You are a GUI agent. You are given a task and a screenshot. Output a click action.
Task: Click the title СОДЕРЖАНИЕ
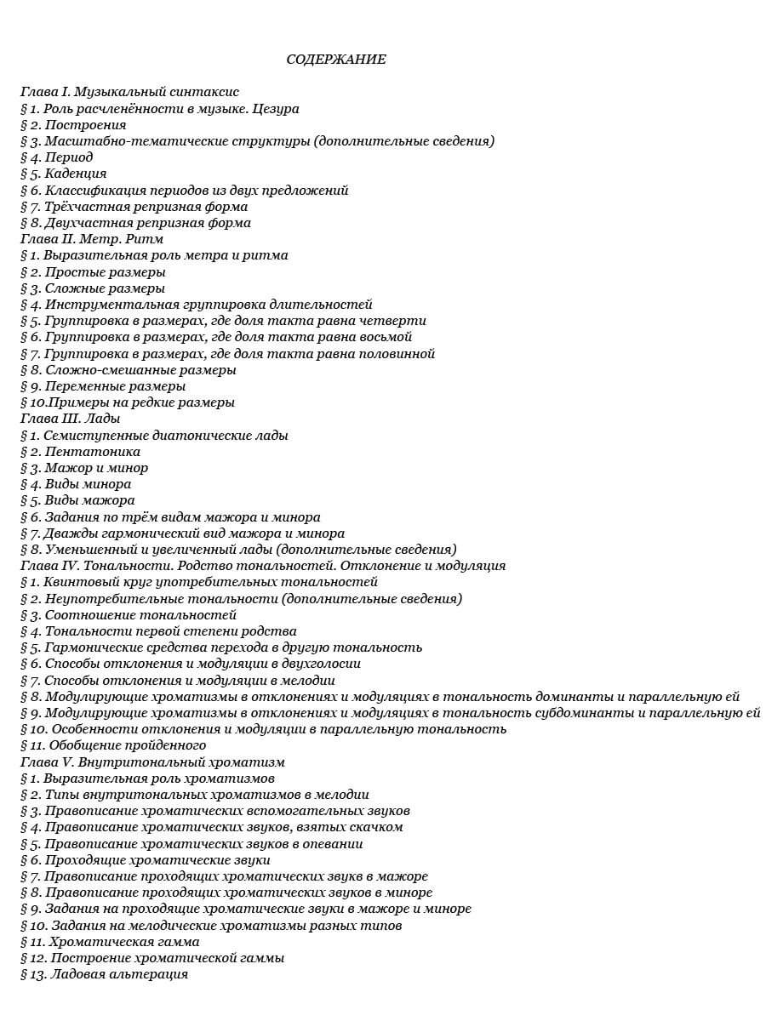coord(336,59)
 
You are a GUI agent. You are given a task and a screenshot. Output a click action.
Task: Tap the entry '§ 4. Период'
coord(56,157)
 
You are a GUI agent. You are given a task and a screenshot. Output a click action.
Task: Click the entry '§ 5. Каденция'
coord(63,174)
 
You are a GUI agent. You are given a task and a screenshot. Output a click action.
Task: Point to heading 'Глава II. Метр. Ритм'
coord(92,239)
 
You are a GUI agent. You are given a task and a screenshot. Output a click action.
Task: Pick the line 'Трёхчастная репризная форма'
coord(146,207)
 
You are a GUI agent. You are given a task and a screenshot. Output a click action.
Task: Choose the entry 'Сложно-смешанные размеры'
coord(140,370)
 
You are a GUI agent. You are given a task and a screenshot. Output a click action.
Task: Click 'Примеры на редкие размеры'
coord(140,402)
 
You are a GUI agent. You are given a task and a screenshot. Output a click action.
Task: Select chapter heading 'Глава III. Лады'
coord(70,419)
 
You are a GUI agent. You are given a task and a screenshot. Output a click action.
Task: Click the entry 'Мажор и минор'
coord(96,468)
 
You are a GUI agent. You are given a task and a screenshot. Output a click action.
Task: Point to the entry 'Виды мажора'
coord(89,500)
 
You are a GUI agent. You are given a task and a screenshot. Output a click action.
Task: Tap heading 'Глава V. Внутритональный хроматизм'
coord(152,761)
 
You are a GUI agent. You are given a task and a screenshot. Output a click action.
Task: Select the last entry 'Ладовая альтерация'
coord(119,974)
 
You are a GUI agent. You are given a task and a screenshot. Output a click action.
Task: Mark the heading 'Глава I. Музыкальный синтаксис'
coord(129,92)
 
